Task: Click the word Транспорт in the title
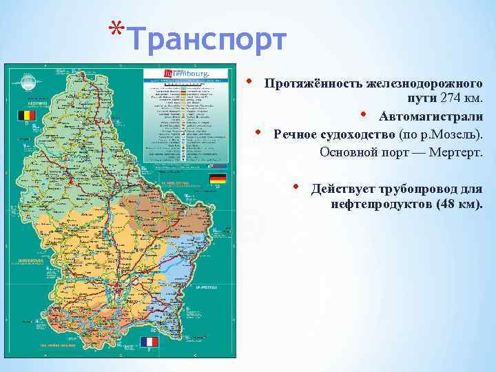pyautogui.click(x=206, y=39)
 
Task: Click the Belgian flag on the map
pyautogui.click(x=25, y=115)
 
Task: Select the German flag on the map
pyautogui.click(x=218, y=180)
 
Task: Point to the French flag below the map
pyautogui.click(x=149, y=342)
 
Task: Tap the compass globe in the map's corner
pyautogui.click(x=28, y=83)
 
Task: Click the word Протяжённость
pyautogui.click(x=314, y=83)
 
